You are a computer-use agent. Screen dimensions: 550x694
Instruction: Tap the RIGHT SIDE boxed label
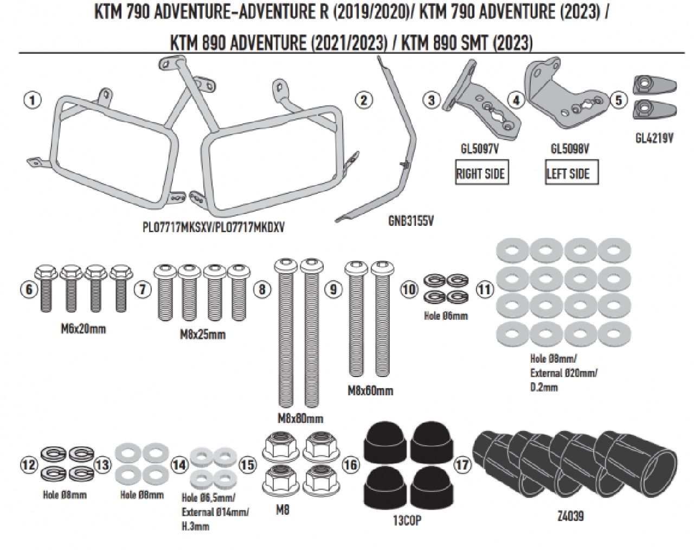[x=480, y=174]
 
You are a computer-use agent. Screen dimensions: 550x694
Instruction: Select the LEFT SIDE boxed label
[x=567, y=174]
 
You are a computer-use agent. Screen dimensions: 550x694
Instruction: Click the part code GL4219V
[x=654, y=138]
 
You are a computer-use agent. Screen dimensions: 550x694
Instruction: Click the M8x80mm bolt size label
[x=300, y=418]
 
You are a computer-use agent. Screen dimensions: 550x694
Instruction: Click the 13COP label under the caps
[x=407, y=521]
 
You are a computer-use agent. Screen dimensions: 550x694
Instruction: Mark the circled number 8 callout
[x=262, y=289]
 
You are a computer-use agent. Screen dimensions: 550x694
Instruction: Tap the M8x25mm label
[x=202, y=334]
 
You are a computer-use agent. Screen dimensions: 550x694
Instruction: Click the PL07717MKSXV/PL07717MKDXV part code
[x=213, y=227]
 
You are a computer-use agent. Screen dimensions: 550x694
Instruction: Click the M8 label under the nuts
[x=282, y=510]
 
